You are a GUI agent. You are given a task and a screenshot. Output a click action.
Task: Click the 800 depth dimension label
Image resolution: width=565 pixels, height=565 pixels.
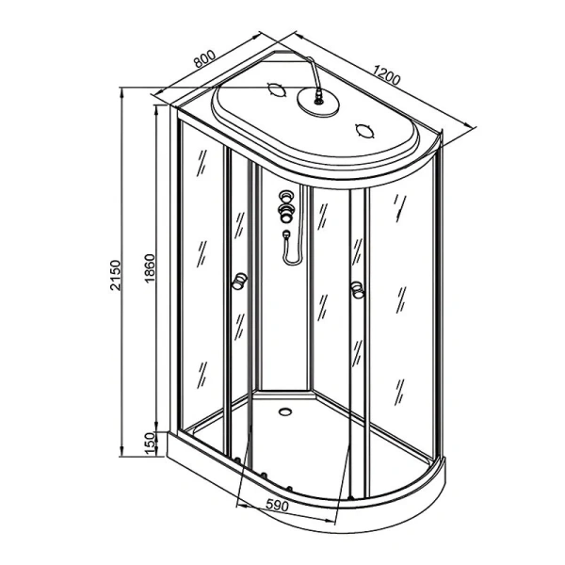tap(204, 58)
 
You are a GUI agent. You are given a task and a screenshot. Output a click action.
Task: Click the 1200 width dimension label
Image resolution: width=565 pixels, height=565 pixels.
tap(386, 75)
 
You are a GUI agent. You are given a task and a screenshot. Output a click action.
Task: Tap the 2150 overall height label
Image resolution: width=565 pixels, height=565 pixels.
tap(115, 275)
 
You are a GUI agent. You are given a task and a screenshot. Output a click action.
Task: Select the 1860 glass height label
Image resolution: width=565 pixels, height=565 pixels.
tap(149, 268)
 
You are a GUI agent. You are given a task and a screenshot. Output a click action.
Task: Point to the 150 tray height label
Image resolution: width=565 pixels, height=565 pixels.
tap(150, 444)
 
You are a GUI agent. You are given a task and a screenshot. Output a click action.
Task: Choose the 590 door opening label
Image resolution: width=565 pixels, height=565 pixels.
tap(277, 505)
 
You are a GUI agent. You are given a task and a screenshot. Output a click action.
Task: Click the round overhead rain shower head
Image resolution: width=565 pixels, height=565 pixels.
tap(318, 103)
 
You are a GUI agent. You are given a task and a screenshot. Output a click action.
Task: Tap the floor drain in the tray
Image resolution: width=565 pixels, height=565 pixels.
tap(285, 412)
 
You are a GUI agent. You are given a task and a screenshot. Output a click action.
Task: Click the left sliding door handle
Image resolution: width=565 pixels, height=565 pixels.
tap(239, 281)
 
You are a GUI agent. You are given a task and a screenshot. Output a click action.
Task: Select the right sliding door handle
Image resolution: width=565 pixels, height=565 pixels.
tap(358, 290)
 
